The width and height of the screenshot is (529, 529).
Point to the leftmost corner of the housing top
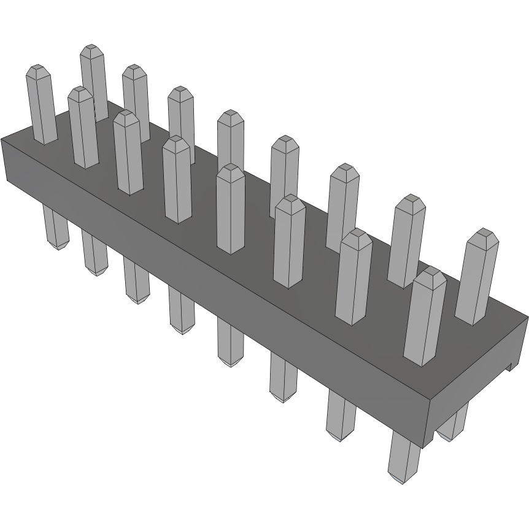tap(2, 139)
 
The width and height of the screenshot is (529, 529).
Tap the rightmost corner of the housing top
tap(527, 317)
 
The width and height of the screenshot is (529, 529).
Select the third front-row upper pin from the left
tap(128, 153)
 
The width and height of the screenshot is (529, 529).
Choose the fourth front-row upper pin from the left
tap(177, 181)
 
